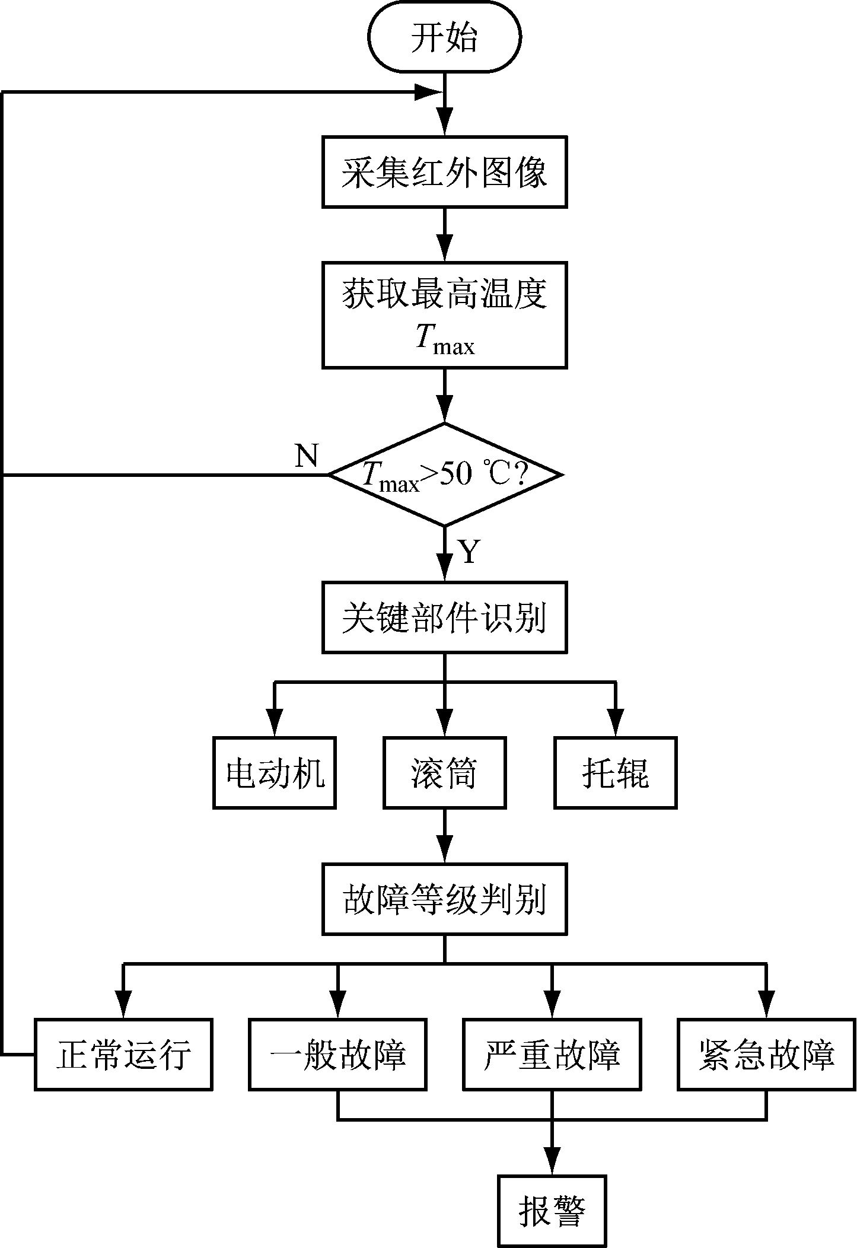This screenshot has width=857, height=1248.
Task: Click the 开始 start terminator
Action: [x=444, y=38]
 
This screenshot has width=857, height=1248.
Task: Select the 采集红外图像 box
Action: [x=444, y=172]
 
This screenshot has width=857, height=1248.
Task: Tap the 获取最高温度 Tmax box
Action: [x=444, y=315]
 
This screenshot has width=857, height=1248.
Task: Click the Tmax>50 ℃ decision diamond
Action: [x=444, y=475]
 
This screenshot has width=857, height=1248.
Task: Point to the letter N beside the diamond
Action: [x=307, y=456]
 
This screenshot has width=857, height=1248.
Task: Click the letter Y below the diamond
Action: [x=469, y=552]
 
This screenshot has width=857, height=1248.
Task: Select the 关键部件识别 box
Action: [x=444, y=617]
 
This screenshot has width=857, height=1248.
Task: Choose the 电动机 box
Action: [x=275, y=773]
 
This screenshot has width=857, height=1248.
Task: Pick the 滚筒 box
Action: [x=444, y=773]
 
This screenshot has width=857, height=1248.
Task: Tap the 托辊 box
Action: [x=615, y=773]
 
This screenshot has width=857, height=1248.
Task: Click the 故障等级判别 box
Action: [x=444, y=899]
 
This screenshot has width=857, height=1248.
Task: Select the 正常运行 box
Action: [x=123, y=1055]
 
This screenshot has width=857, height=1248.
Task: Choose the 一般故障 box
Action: [x=337, y=1055]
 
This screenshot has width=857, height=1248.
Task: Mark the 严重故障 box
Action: [x=552, y=1055]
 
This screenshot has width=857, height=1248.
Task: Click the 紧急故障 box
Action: [x=766, y=1055]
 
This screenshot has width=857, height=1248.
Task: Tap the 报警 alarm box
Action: [x=552, y=1210]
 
